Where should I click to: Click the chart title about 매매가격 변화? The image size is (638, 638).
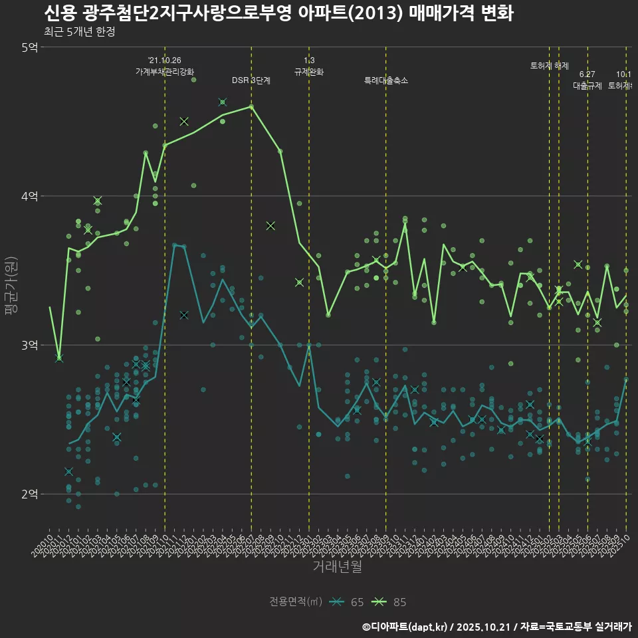tap(278, 13)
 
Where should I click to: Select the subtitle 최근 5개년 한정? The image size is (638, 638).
tap(79, 32)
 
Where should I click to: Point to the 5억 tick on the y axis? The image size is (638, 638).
tap(29, 47)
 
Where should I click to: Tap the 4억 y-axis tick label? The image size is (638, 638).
tap(29, 196)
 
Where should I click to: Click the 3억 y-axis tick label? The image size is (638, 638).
tap(29, 345)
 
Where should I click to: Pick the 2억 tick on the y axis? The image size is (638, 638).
tap(29, 494)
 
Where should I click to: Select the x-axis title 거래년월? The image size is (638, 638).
tap(337, 567)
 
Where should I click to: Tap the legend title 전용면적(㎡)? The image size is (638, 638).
tap(296, 602)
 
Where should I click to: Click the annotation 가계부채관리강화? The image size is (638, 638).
tap(165, 71)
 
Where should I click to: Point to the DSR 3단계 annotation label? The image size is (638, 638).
tap(251, 80)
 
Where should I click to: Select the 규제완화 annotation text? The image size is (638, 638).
tap(309, 71)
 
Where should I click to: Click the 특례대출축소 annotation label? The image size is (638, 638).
tap(386, 80)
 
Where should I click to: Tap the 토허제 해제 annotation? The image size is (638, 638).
tap(550, 66)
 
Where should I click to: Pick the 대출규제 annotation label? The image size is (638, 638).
tap(587, 86)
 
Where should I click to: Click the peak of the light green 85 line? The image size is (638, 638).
tap(251, 106)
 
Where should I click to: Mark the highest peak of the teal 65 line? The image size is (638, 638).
tap(174, 245)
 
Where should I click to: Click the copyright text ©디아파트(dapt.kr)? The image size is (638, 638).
tap(406, 626)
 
